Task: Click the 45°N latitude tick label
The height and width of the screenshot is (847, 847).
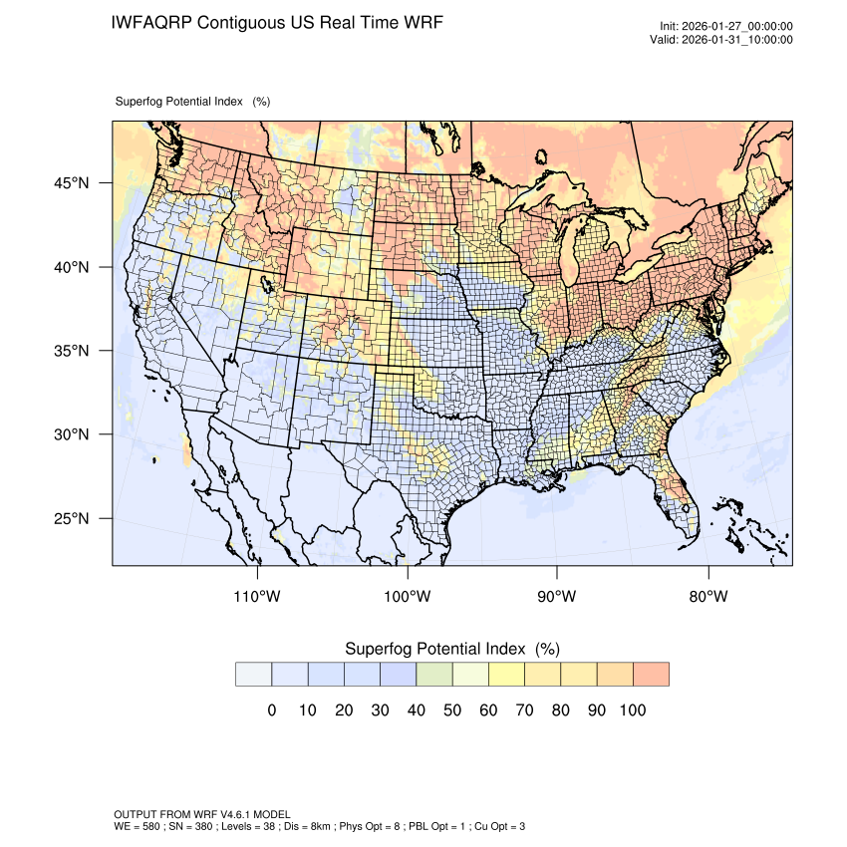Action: (71, 183)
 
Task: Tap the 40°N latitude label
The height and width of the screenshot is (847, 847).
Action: (71, 267)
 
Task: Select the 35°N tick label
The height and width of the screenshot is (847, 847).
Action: (71, 351)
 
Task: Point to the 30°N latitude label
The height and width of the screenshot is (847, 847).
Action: (71, 434)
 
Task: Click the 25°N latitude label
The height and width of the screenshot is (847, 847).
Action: (71, 518)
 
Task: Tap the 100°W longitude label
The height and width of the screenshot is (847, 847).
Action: (408, 597)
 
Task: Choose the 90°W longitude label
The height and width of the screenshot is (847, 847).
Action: (557, 597)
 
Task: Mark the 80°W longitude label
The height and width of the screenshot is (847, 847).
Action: (707, 597)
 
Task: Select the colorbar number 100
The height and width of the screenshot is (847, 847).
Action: (632, 710)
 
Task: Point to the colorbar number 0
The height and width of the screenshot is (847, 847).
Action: (271, 710)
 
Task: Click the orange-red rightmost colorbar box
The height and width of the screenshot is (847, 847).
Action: (651, 675)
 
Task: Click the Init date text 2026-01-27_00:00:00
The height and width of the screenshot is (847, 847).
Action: (736, 27)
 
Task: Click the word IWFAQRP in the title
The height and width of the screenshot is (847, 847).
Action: (151, 22)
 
